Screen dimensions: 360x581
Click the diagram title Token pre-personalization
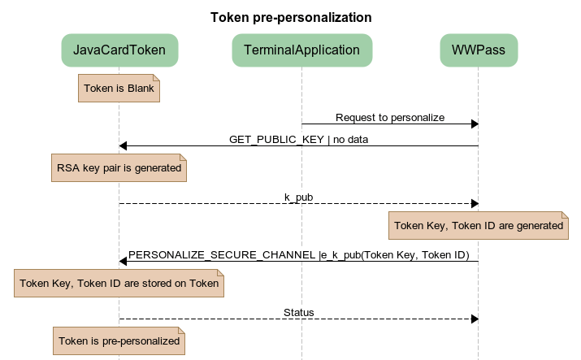tap(291, 17)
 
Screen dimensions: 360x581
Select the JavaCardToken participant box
tap(119, 50)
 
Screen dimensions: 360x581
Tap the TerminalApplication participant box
tap(301, 50)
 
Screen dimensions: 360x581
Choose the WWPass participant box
tap(478, 50)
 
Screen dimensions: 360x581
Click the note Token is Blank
tap(119, 88)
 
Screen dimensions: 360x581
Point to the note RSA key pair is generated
tap(119, 168)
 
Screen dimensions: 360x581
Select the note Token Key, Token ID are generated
tap(478, 225)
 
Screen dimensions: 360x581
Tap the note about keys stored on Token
tap(119, 284)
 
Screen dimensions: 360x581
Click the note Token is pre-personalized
tap(119, 340)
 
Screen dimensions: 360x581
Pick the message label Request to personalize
tap(389, 118)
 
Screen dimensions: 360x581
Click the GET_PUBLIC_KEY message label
tap(298, 140)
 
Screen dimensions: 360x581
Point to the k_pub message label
tap(298, 197)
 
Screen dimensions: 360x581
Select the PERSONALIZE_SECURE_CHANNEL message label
tap(298, 255)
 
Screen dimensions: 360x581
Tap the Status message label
tap(298, 312)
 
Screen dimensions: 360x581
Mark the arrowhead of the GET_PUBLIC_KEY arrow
tap(124, 146)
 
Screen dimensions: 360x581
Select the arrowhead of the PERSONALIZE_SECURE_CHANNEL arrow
tap(124, 262)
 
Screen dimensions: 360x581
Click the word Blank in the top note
tap(140, 88)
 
